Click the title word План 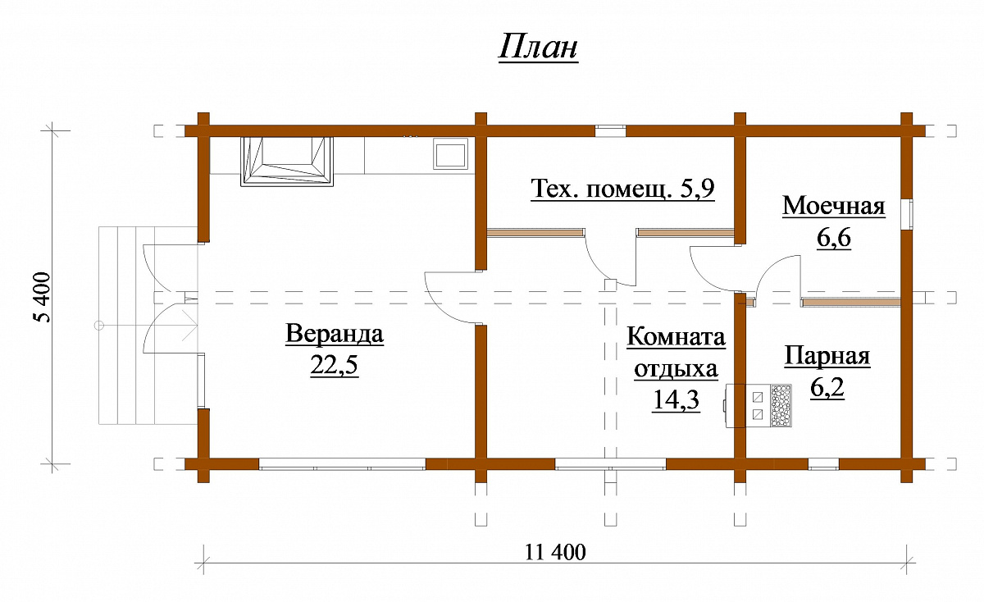click(x=538, y=47)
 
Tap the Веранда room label click(x=335, y=334)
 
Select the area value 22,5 click(x=335, y=365)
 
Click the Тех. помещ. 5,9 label click(x=623, y=189)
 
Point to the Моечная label click(x=834, y=206)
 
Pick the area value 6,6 click(x=834, y=237)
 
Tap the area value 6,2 click(x=827, y=387)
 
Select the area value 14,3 click(x=676, y=399)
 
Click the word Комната click(x=676, y=337)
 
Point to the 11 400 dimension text click(x=555, y=552)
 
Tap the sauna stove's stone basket click(x=781, y=406)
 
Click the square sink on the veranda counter click(x=451, y=153)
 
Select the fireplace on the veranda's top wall click(x=287, y=162)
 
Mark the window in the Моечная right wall click(x=907, y=214)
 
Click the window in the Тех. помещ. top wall click(x=610, y=131)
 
